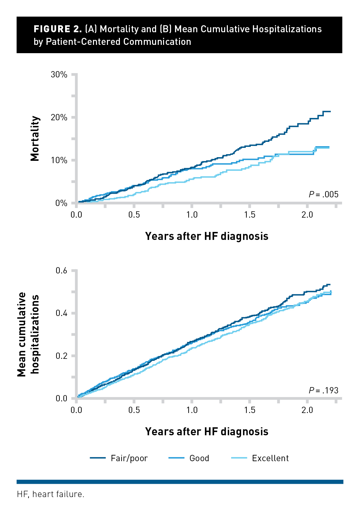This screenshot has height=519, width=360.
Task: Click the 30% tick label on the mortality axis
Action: (59, 74)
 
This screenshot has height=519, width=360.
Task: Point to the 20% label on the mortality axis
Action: (59, 117)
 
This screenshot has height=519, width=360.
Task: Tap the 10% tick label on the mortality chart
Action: (59, 160)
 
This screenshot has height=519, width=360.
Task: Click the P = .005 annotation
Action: (323, 194)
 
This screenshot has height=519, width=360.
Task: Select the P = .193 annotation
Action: (323, 390)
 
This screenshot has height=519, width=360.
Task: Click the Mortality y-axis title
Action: (35, 138)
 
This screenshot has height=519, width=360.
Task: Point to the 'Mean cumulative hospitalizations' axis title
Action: (28, 334)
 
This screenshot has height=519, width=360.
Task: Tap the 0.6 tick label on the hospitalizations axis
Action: (61, 270)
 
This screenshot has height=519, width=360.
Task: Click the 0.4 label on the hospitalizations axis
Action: (61, 313)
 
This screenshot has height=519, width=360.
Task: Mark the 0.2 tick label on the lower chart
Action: (61, 356)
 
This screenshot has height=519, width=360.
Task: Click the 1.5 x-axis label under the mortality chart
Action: (249, 215)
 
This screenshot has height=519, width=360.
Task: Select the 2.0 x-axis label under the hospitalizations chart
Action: (307, 410)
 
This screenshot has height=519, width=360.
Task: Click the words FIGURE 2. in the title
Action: (57, 29)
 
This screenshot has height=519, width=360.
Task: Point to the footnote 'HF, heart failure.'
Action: (50, 494)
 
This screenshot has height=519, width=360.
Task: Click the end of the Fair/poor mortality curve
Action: (330, 111)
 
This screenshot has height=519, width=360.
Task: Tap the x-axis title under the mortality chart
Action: (207, 236)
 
